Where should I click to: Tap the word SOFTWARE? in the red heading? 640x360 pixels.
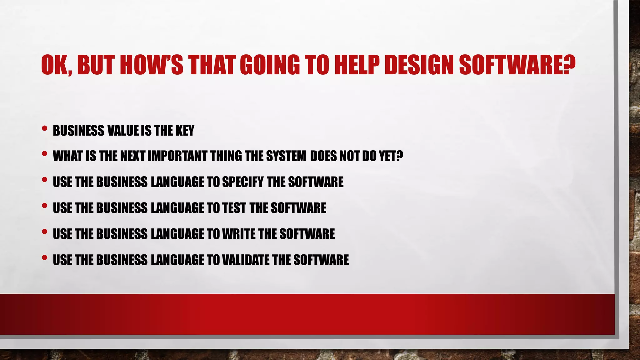517,65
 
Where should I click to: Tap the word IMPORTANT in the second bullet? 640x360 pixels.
177,156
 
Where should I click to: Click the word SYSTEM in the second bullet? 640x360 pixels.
286,156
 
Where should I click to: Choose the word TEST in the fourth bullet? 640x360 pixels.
234,208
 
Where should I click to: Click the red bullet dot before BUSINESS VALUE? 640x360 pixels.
44,128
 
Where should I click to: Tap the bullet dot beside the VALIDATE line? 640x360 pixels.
44,257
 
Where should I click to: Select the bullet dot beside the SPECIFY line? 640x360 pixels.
44,179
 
